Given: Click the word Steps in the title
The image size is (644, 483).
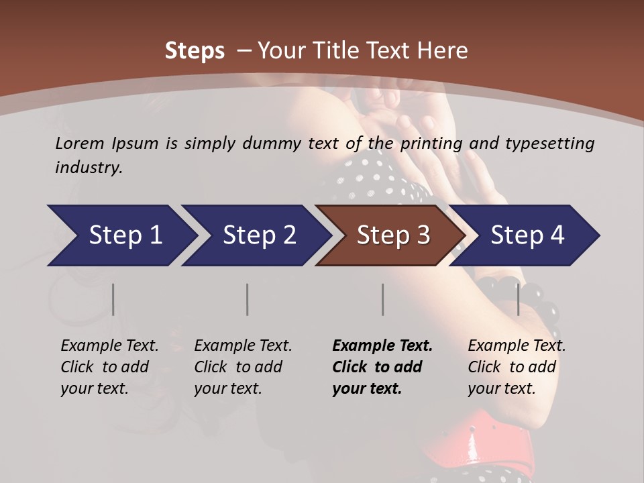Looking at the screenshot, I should pos(195,51).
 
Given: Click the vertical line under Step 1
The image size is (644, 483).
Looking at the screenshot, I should pos(113,299).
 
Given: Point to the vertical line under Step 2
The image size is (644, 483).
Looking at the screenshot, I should pos(248,299).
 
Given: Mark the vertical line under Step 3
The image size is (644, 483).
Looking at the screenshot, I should pos(382,299).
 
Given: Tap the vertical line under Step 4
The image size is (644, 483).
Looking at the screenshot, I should pos(518,299).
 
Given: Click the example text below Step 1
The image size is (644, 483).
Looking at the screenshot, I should pos(109,367).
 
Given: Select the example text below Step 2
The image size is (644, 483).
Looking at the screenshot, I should pos(243,367).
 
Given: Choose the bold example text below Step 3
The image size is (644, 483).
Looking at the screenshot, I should pos(382,367).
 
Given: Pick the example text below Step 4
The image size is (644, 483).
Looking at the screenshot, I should pos(517,367).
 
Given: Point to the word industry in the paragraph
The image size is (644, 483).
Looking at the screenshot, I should pos(88,168).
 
